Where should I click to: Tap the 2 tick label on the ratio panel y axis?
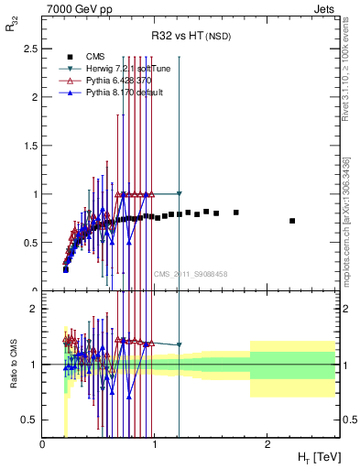click(x=34, y=309)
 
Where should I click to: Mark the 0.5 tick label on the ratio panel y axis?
click(x=30, y=420)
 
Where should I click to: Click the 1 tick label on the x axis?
click(x=155, y=446)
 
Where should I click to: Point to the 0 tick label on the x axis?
click(x=43, y=446)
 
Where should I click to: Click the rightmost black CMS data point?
click(x=292, y=221)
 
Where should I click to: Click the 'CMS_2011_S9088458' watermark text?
click(x=191, y=274)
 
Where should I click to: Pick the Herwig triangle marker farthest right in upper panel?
click(x=180, y=194)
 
